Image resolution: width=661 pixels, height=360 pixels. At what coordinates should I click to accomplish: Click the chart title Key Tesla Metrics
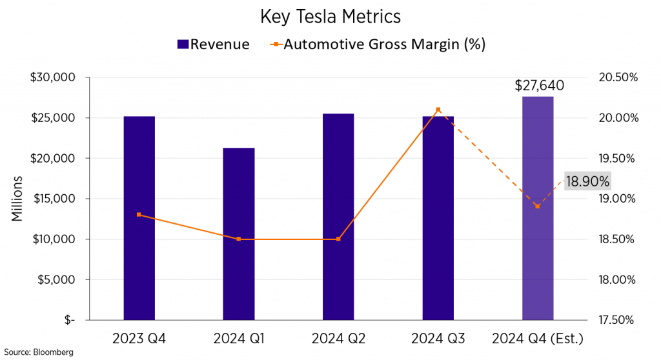(330, 16)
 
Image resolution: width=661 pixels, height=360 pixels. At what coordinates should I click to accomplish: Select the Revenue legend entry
(212, 45)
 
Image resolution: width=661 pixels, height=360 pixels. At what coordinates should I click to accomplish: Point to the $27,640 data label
(539, 85)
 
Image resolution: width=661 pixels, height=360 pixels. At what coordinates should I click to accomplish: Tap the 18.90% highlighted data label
(587, 181)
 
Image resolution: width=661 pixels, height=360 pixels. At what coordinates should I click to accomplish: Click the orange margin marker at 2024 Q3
(438, 110)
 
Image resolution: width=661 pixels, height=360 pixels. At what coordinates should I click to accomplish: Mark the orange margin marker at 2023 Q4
(139, 215)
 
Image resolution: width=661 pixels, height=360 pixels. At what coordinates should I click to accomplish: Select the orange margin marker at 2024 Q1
(239, 239)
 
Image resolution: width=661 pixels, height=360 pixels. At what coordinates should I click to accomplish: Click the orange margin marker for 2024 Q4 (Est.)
(538, 206)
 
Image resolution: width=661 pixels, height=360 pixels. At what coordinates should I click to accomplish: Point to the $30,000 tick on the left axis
(54, 77)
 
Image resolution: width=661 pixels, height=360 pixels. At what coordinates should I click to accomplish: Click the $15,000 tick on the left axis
(54, 199)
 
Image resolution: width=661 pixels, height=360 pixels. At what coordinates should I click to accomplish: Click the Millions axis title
(17, 199)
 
